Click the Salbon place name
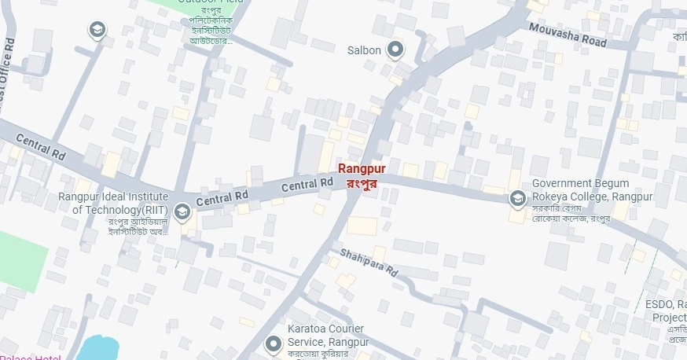click(x=364, y=50)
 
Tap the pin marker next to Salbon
click(x=397, y=50)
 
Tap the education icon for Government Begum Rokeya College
click(x=517, y=198)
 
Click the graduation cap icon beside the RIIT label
click(x=182, y=211)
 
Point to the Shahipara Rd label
click(x=369, y=262)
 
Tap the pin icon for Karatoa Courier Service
click(x=274, y=343)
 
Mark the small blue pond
click(x=99, y=348)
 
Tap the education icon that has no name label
click(x=97, y=30)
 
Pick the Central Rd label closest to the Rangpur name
click(x=307, y=186)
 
